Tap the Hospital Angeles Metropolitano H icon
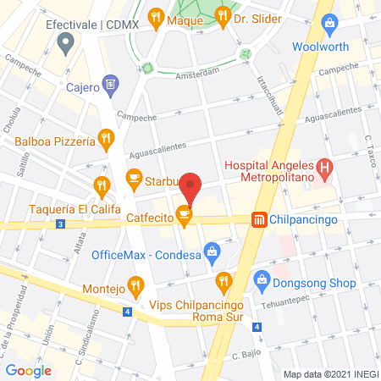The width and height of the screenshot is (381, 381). [323, 169]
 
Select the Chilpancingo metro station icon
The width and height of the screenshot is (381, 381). [258, 219]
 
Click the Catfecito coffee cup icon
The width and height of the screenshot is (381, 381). [185, 217]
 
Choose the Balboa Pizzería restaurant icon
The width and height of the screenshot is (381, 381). [105, 136]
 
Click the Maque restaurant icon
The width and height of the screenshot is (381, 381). [155, 16]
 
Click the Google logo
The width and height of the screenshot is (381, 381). [29, 369]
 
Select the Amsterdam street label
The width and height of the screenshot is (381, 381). [198, 75]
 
